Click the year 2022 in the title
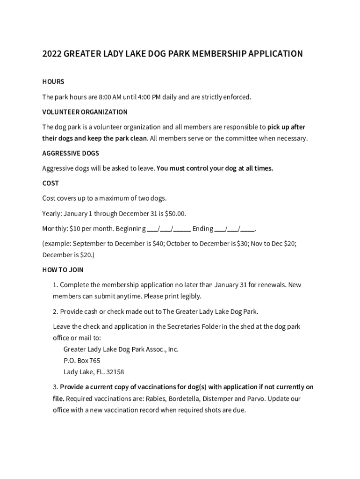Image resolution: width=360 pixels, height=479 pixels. (51, 54)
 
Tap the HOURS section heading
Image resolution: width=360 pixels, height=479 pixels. (53, 82)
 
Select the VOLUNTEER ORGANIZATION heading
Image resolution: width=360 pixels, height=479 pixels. (85, 112)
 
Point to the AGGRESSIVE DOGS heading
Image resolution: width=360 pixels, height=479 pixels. (71, 153)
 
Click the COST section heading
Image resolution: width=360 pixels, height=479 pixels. (50, 183)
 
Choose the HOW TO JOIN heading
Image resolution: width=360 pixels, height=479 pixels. (63, 270)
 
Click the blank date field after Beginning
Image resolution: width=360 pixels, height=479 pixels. (169, 229)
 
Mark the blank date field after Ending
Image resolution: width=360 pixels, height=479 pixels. (235, 229)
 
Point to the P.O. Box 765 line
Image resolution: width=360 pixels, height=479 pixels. (82, 361)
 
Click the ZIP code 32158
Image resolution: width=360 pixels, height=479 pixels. (115, 372)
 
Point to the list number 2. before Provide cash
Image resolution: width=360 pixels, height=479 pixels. (56, 312)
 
